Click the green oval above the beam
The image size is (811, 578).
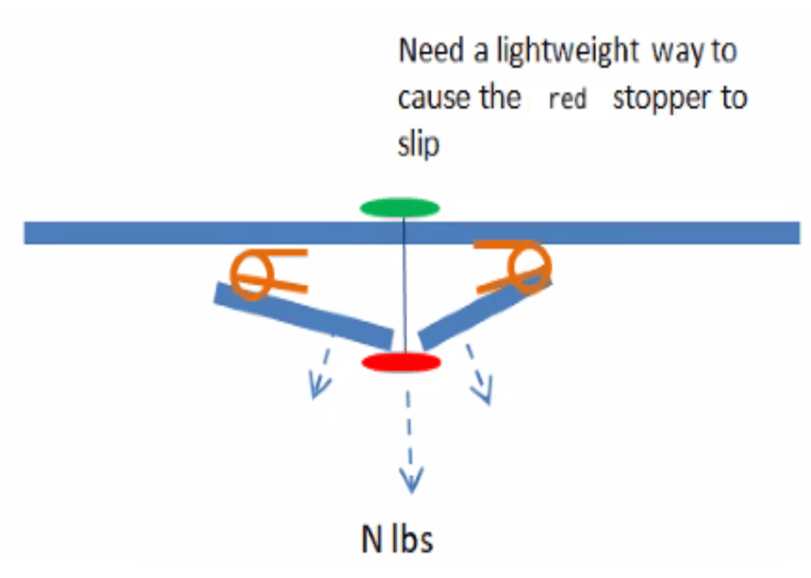(x=400, y=209)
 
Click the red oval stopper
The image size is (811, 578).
(x=401, y=363)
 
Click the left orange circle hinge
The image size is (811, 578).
(x=252, y=274)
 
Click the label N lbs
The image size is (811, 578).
(x=397, y=541)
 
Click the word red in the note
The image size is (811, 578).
(x=568, y=101)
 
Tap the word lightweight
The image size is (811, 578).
(x=567, y=52)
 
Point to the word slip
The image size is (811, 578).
(x=418, y=144)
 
